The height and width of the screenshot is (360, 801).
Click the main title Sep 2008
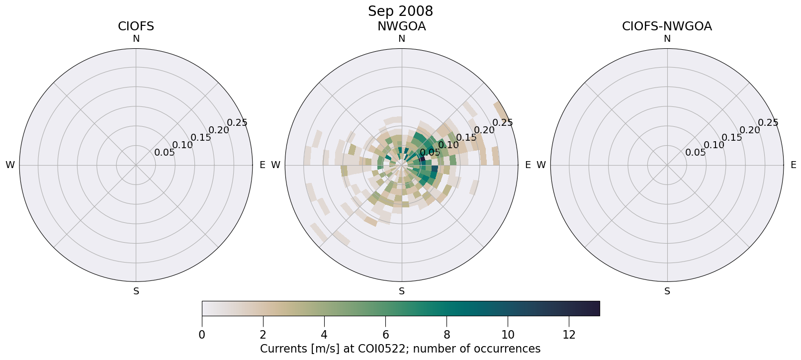(x=400, y=11)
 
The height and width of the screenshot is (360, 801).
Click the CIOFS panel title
(x=136, y=26)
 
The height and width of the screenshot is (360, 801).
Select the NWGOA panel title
(x=401, y=26)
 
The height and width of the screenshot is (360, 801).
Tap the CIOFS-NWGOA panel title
(x=667, y=26)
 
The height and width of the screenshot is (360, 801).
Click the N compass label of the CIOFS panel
(x=136, y=39)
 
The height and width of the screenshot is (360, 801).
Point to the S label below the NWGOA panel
(x=401, y=291)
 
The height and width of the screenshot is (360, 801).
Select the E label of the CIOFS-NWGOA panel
(x=793, y=165)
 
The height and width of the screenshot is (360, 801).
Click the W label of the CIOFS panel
(x=10, y=165)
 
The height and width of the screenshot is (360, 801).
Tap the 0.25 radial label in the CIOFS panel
(x=237, y=122)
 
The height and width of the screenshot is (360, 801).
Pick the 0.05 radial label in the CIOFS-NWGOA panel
(x=695, y=152)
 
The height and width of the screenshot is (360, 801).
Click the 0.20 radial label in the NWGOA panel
(x=484, y=130)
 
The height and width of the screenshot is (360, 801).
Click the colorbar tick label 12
(x=569, y=335)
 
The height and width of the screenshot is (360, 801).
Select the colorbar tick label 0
(x=202, y=335)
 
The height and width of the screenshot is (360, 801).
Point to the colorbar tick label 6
(x=385, y=335)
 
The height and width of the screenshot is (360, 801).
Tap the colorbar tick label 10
(x=508, y=335)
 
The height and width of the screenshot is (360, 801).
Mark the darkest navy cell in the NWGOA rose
(x=423, y=160)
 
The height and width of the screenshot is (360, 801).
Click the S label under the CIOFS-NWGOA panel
(x=667, y=291)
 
